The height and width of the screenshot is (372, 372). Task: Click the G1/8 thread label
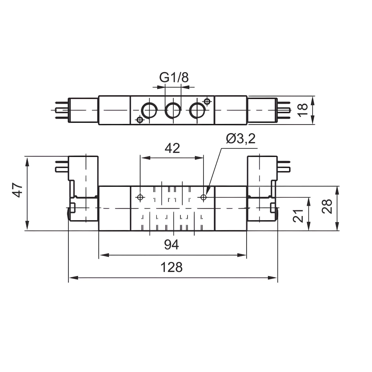(x=174, y=77)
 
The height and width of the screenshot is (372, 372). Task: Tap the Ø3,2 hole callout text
(x=241, y=139)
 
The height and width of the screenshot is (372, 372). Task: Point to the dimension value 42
(x=172, y=148)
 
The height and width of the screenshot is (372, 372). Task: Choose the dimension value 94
(x=172, y=244)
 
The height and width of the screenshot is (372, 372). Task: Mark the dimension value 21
(x=298, y=215)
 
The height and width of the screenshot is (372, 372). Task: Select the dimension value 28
(x=327, y=205)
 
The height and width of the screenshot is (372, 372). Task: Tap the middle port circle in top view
(x=173, y=110)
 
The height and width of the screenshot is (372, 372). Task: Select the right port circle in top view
(x=197, y=110)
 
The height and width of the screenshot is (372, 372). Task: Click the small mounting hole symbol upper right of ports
(x=207, y=101)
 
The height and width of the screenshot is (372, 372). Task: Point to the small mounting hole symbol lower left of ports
(x=139, y=119)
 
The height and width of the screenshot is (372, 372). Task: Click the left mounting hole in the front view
(x=140, y=197)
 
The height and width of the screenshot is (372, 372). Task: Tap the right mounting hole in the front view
(x=203, y=197)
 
